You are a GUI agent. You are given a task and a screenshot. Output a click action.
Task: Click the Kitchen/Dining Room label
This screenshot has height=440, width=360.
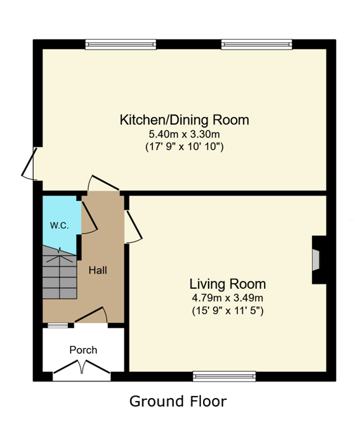pyautogui.click(x=184, y=120)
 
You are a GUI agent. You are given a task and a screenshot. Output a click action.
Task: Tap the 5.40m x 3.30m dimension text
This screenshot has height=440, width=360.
pyautogui.click(x=184, y=134)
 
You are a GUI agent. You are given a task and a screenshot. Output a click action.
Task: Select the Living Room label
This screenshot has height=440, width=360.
pyautogui.click(x=227, y=284)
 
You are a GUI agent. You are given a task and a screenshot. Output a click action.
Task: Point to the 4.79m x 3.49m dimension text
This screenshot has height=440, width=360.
pyautogui.click(x=227, y=298)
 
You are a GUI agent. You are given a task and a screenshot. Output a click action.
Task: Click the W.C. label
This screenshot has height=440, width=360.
pyautogui.click(x=59, y=226)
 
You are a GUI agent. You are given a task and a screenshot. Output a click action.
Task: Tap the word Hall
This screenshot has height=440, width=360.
pyautogui.click(x=98, y=270)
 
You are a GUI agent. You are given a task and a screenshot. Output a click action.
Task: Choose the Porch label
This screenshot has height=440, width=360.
pyautogui.click(x=83, y=350)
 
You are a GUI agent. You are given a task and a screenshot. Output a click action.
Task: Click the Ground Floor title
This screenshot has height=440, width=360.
pyautogui.click(x=178, y=402)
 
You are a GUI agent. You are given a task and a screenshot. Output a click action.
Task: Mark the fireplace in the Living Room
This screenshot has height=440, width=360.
pyautogui.click(x=319, y=260)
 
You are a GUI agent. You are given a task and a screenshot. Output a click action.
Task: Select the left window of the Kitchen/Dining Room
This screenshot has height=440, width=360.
pyautogui.click(x=121, y=45)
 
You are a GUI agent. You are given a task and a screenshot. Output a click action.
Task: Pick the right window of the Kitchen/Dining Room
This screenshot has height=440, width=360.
pyautogui.click(x=257, y=45)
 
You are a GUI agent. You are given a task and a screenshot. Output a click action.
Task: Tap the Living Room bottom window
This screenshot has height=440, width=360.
pyautogui.click(x=225, y=376)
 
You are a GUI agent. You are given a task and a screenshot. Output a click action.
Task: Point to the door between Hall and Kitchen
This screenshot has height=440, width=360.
pyautogui.click(x=104, y=183)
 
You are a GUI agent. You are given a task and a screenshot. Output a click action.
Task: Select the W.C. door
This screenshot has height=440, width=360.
pyautogui.click(x=89, y=218)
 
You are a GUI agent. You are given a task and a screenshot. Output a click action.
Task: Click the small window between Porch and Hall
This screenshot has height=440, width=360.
pyautogui.click(x=58, y=326)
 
